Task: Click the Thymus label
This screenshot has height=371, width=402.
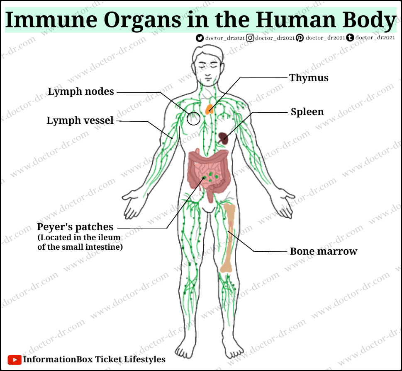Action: tap(309, 78)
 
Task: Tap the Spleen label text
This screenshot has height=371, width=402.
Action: tap(307, 112)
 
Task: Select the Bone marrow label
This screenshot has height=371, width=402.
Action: tap(323, 251)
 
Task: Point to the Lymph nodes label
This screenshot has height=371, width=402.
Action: tap(81, 92)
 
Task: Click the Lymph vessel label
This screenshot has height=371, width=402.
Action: tap(80, 120)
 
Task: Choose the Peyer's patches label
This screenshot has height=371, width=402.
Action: tap(75, 227)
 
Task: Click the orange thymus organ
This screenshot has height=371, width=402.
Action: tap(210, 108)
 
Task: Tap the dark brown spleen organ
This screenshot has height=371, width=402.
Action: tap(224, 138)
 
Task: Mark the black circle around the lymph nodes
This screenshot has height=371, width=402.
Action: tap(194, 118)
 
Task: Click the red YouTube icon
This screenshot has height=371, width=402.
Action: tap(15, 359)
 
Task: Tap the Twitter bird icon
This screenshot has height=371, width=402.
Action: tap(200, 38)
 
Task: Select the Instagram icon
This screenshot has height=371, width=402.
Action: tap(250, 38)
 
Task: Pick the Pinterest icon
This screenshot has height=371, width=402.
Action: tap(300, 38)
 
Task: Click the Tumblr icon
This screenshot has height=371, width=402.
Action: tap(350, 38)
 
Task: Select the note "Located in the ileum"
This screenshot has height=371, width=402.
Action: tap(79, 238)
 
